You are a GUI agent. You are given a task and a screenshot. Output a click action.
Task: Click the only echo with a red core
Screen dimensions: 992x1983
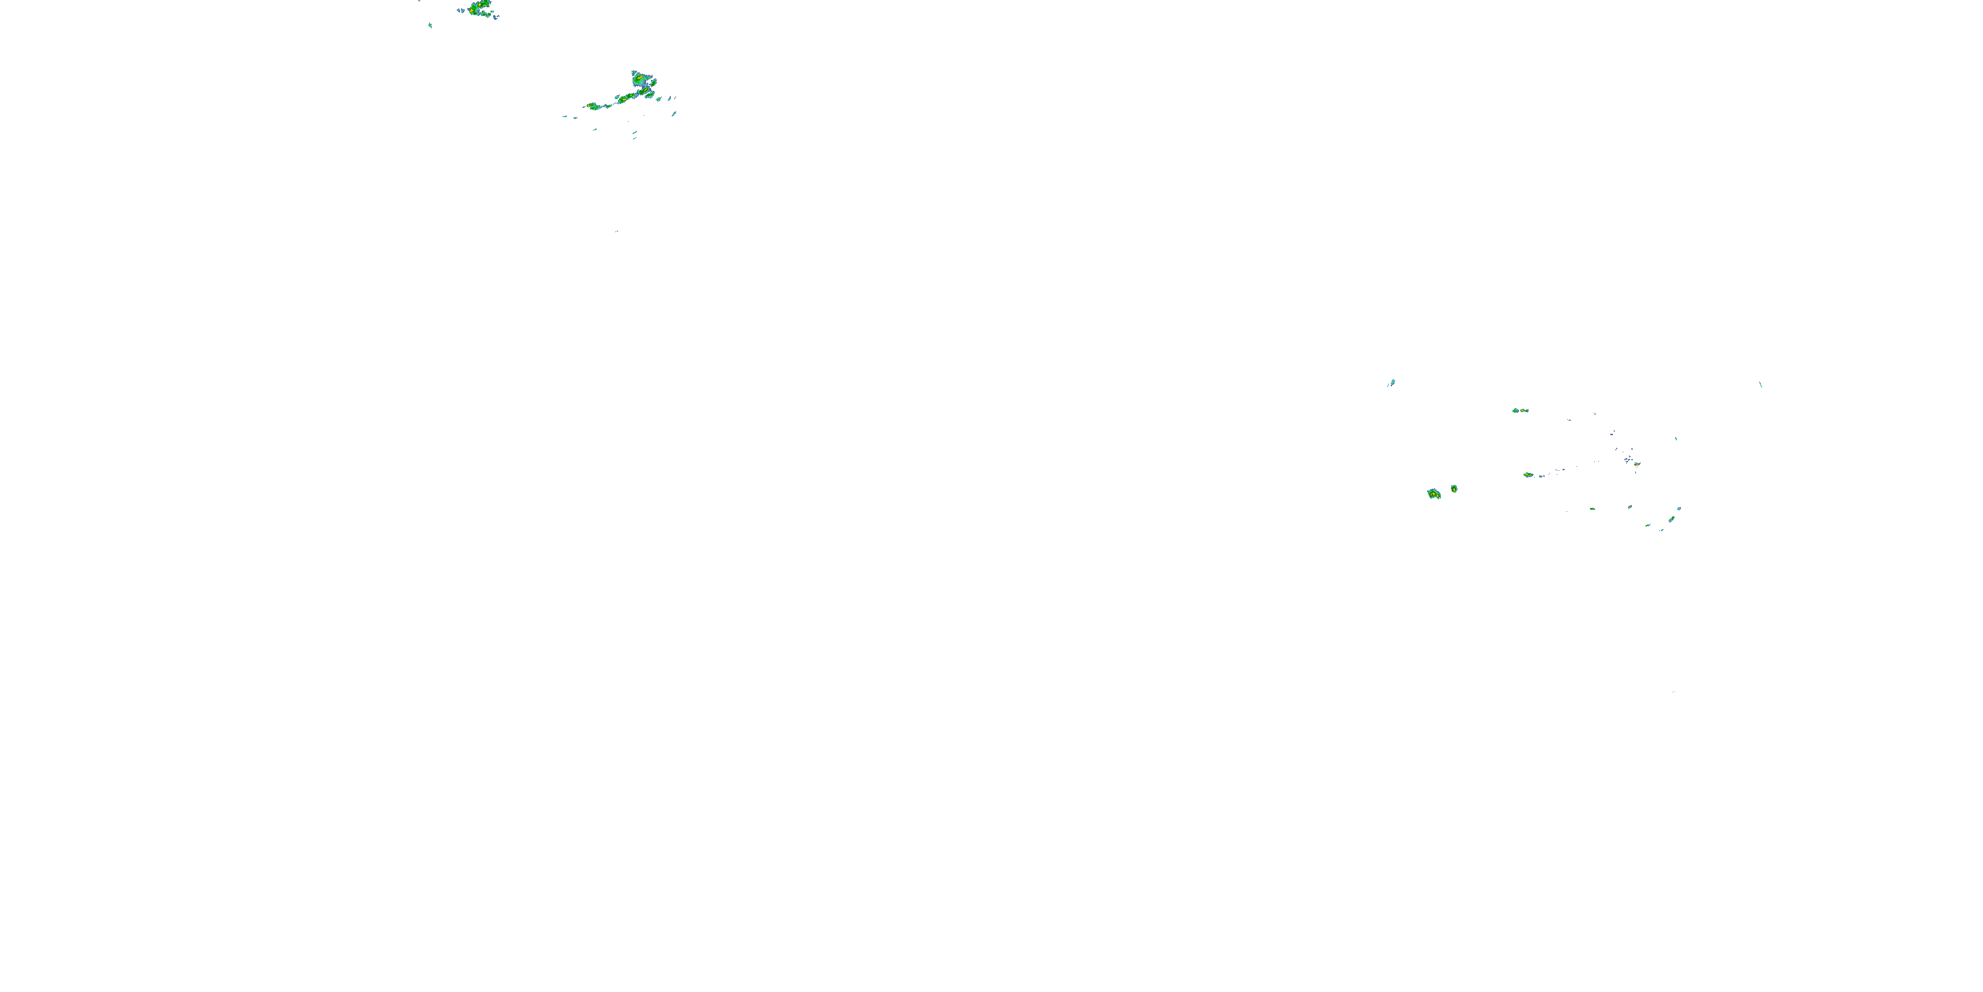click(x=1637, y=464)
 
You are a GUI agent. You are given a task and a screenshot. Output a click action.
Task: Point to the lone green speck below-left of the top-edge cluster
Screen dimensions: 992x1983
click(x=430, y=25)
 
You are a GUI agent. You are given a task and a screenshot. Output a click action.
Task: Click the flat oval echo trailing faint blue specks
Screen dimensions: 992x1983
click(x=1528, y=474)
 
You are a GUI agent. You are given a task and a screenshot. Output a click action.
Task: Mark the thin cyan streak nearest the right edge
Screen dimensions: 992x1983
click(x=1760, y=384)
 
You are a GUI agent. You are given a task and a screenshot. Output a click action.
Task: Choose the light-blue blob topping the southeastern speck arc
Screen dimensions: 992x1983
click(x=1679, y=509)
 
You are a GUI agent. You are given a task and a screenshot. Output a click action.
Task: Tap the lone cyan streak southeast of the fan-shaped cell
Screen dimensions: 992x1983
click(x=674, y=114)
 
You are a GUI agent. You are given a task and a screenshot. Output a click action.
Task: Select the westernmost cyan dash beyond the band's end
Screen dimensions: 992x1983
click(x=565, y=116)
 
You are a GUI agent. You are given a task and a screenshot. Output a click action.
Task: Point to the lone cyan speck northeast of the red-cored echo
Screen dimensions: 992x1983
click(x=1676, y=438)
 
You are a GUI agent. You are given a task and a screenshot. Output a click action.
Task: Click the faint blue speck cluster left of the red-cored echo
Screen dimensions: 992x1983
click(x=1627, y=460)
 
